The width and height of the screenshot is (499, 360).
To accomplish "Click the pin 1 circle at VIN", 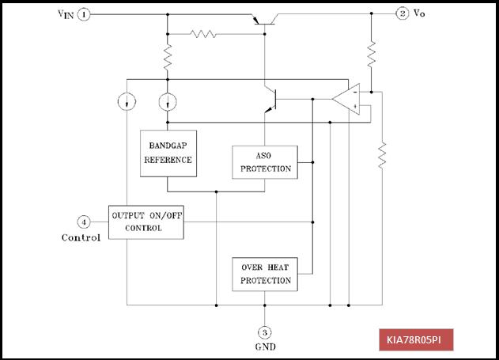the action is [84, 14].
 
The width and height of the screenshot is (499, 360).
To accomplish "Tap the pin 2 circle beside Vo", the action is [403, 13].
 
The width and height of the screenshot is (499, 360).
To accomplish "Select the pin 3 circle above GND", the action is [264, 332].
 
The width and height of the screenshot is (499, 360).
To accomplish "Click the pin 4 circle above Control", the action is [84, 222].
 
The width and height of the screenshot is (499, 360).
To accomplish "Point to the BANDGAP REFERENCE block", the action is [168, 153].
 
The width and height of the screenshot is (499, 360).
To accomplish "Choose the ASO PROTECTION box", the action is [265, 162].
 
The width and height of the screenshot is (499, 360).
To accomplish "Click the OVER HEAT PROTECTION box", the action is [265, 275].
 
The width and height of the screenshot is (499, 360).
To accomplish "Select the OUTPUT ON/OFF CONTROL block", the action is [146, 222].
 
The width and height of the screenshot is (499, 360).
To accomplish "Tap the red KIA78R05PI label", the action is [416, 340].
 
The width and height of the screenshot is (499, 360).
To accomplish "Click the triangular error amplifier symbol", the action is [347, 99].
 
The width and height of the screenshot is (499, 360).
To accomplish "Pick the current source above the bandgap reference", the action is [168, 102].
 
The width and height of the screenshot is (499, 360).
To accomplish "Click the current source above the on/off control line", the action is [127, 102].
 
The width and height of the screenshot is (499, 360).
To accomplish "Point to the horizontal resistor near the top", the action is [203, 34].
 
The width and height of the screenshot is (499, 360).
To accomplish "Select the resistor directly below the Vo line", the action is [372, 55].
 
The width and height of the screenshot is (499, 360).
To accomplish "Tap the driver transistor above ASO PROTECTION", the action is [270, 100].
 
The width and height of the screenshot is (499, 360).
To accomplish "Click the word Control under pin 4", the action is [81, 237].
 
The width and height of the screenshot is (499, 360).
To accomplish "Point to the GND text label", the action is [266, 347].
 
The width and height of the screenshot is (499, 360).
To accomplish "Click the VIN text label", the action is [66, 14].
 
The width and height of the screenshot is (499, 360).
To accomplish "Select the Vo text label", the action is [419, 13].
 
